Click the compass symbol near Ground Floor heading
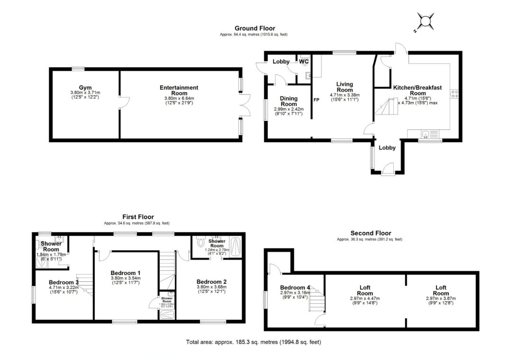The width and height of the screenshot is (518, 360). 425,22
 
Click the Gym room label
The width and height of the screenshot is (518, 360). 85,88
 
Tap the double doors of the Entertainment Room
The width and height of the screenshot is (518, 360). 245,105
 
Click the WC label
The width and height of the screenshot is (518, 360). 304,62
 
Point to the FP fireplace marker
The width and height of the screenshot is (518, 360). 316,100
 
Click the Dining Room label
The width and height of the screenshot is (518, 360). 289,101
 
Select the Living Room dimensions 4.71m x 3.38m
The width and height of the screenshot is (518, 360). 345,95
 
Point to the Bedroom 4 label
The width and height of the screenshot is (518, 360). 295,287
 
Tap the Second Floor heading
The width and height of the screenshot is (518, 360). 371,233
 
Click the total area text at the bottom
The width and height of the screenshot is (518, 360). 256,342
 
